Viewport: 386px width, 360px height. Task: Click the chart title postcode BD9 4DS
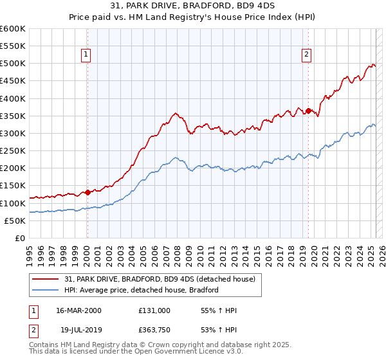point(257,6)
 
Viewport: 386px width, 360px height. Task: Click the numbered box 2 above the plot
point(307,55)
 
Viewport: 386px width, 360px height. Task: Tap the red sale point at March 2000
point(87,192)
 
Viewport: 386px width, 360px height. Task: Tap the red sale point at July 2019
point(308,111)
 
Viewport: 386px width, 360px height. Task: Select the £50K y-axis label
point(15,221)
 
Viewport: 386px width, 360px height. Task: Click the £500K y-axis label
point(13,64)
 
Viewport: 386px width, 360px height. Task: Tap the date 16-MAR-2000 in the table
point(79,310)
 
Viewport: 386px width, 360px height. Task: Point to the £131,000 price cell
point(154,310)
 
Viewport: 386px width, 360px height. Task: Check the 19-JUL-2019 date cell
point(78,331)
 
